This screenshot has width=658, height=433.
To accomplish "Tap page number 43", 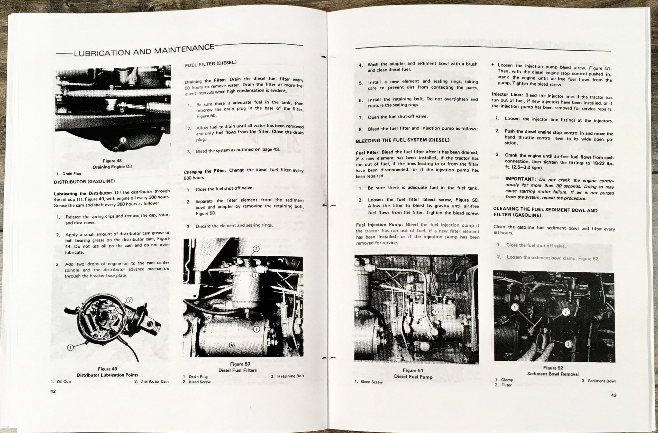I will (x=614, y=395).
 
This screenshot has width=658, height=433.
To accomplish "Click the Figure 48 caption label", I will (x=112, y=161).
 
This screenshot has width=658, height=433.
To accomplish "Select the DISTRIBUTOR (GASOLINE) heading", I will (x=84, y=181).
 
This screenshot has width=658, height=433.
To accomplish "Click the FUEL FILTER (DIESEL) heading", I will (x=211, y=64).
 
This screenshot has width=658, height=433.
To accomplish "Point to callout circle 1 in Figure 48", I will (x=123, y=140).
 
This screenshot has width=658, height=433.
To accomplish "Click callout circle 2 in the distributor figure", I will (x=130, y=300).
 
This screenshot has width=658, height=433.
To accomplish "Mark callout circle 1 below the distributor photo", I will (x=70, y=348).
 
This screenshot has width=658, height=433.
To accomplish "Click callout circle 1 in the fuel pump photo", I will (x=435, y=312).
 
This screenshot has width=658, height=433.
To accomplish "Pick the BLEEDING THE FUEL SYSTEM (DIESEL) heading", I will (x=403, y=140).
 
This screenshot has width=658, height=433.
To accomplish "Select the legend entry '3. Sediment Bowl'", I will (x=599, y=381).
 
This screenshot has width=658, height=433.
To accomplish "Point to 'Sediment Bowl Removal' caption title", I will (x=553, y=374).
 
